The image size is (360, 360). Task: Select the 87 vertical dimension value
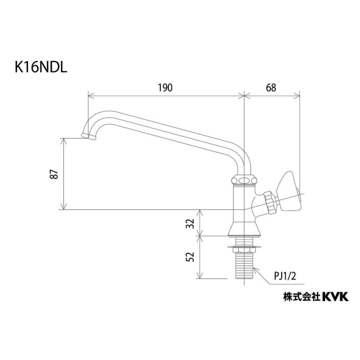point(56,174)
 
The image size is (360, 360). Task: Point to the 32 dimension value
point(191,223)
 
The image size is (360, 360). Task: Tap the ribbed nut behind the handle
point(270,202)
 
